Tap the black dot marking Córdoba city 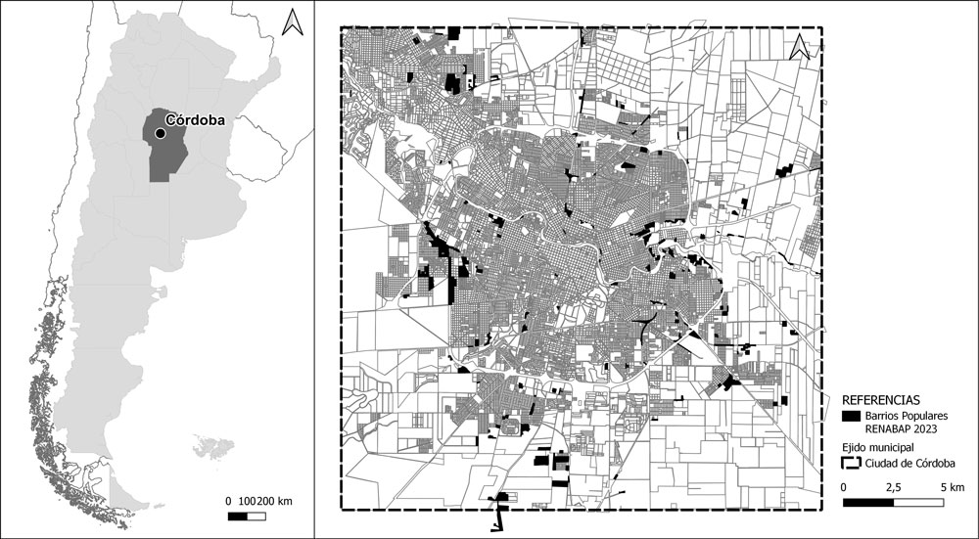coord(160,132)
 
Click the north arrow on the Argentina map coord(292,22)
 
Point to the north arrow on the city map coord(802,46)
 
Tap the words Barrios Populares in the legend coord(906,416)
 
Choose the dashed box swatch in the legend coord(851,463)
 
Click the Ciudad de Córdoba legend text coord(910,463)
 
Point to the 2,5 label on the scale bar coord(893,487)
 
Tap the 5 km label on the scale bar coord(952,487)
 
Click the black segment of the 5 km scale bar coord(868,503)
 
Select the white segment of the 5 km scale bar coord(919,503)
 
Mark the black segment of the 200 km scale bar coord(237,515)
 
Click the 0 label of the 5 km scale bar coord(844,487)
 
